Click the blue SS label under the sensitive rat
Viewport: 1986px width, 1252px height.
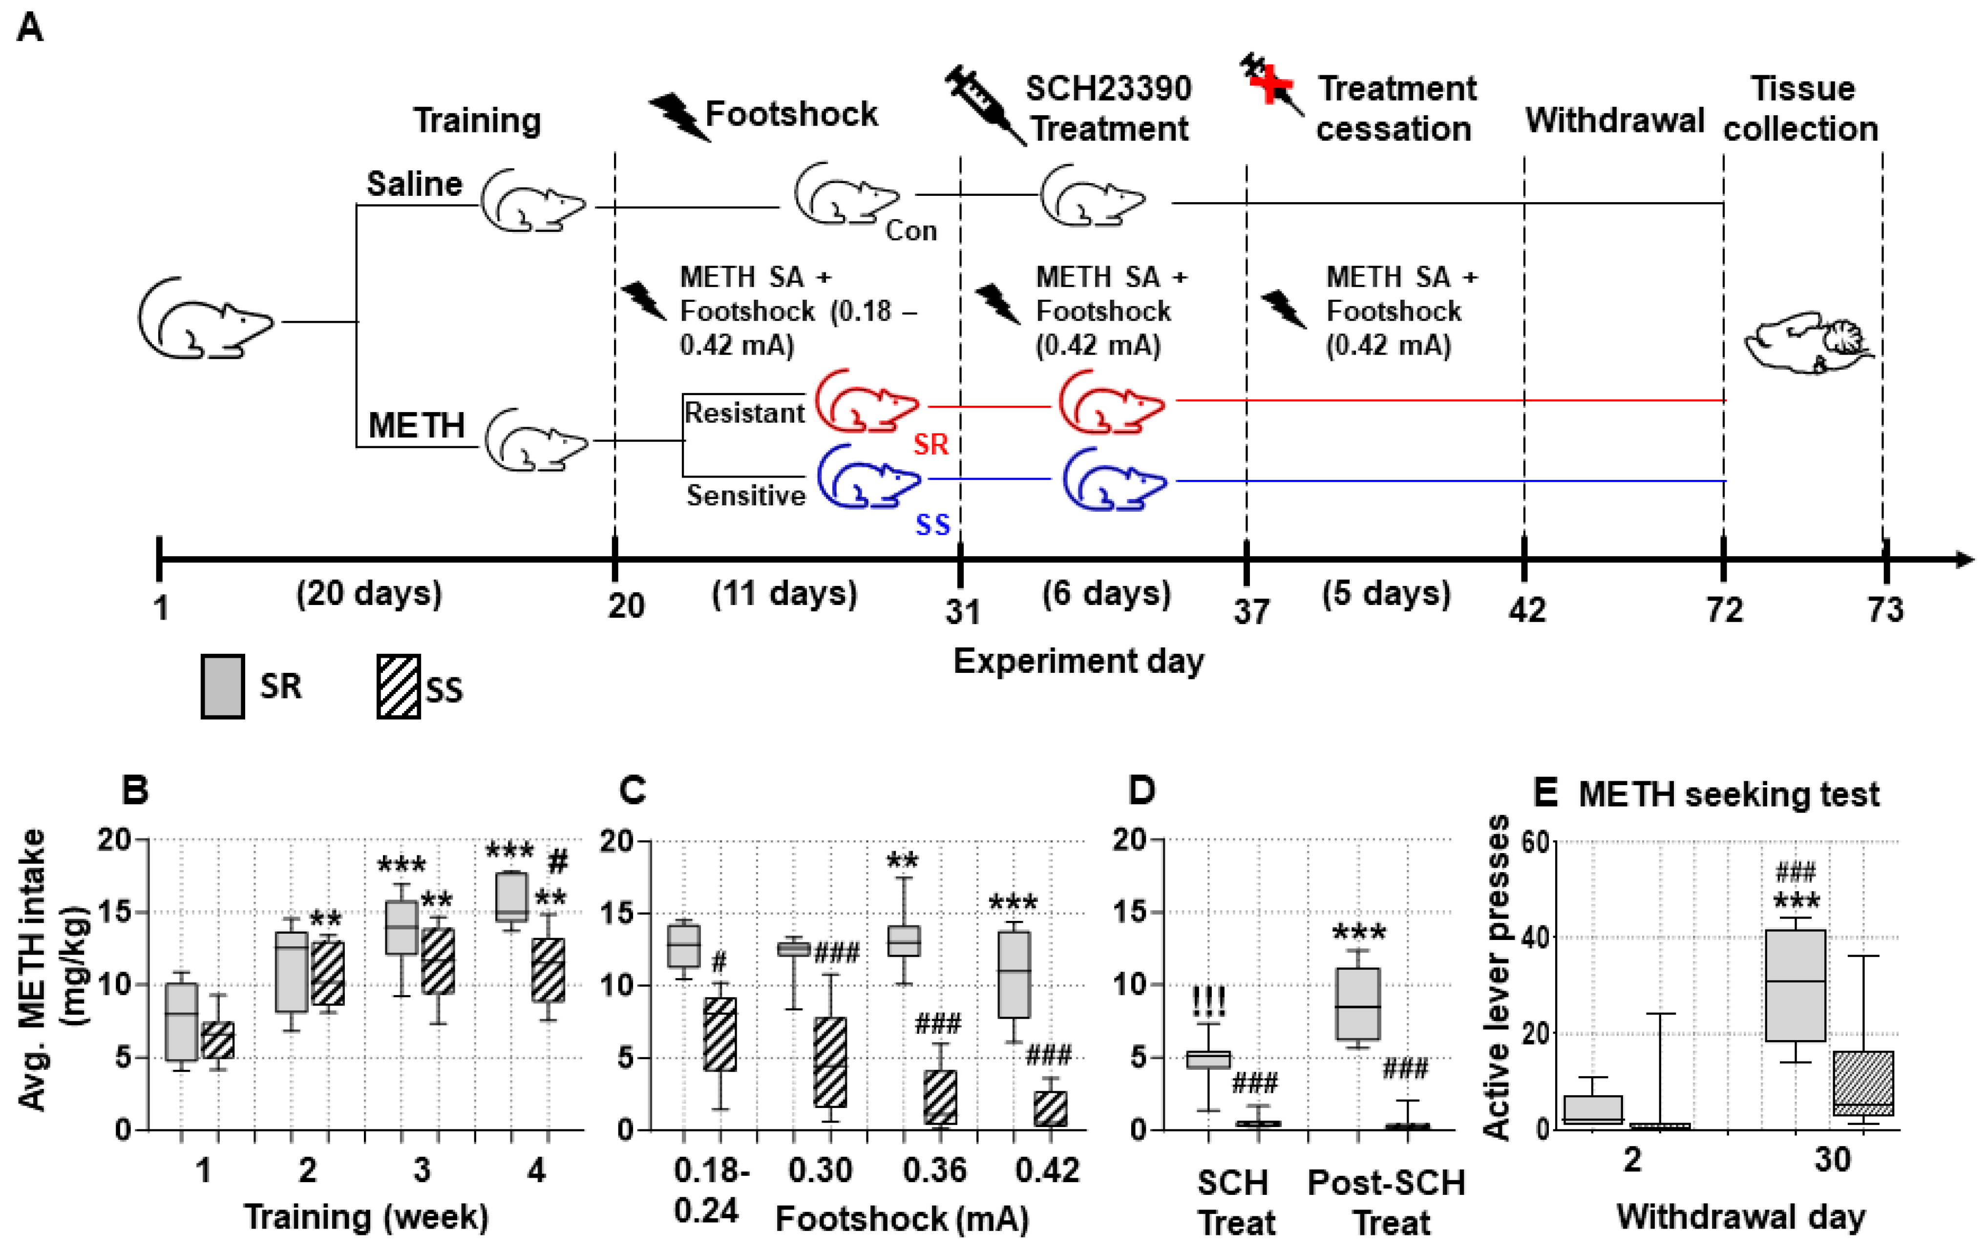pyautogui.click(x=933, y=524)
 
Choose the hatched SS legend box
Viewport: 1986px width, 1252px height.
pyautogui.click(x=399, y=686)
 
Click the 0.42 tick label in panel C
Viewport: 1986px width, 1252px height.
pyautogui.click(x=1047, y=1169)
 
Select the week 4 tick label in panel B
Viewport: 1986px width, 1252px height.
pyautogui.click(x=537, y=1169)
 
